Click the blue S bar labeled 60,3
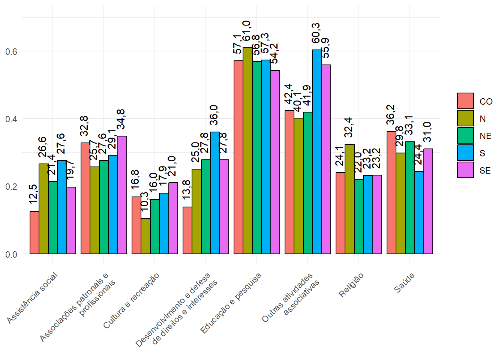(317, 152)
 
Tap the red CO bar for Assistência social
(34, 233)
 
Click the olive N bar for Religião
(349, 199)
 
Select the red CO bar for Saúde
(391, 193)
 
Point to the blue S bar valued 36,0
(215, 193)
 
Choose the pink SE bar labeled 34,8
(122, 195)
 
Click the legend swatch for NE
(465, 135)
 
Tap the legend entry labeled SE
(485, 171)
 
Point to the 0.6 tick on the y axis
(11, 51)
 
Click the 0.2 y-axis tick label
(11, 186)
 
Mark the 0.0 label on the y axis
(11, 254)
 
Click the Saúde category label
(404, 283)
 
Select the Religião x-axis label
(351, 285)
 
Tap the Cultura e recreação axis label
(131, 301)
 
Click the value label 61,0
(246, 31)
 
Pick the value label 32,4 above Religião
(348, 127)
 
